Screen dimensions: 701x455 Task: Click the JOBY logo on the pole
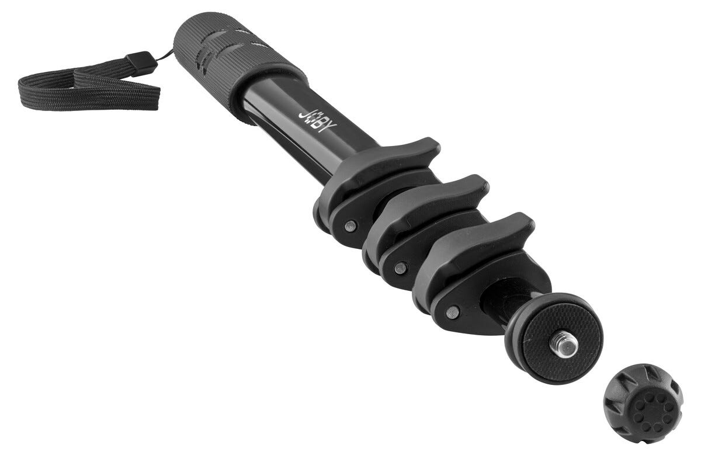(317, 120)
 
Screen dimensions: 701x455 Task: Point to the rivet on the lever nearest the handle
(350, 225)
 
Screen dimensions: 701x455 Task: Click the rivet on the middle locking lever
(401, 268)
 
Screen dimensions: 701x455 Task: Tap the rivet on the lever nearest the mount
(453, 312)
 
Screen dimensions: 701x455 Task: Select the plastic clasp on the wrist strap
(141, 64)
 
